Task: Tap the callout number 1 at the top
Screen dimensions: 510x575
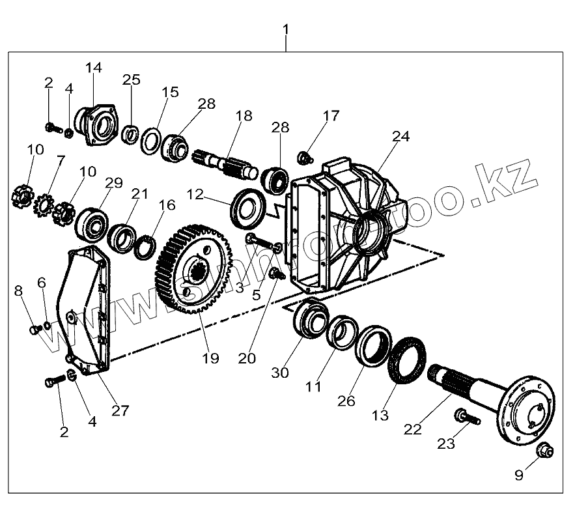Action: [x=286, y=29]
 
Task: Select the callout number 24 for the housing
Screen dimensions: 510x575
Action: [x=401, y=136]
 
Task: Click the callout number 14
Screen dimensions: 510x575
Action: [x=94, y=68]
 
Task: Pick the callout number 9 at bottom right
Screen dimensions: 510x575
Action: [x=519, y=475]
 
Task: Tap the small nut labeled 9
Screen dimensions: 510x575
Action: [x=544, y=450]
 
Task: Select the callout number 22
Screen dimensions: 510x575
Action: [x=414, y=429]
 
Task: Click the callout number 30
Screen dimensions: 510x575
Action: [x=280, y=373]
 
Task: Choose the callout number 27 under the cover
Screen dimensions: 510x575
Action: [x=120, y=410]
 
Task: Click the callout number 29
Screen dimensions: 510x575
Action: [x=113, y=183]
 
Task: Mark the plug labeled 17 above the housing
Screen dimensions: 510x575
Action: [x=303, y=156]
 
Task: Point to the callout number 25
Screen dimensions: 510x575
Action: [x=132, y=79]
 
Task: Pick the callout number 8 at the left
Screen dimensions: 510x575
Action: [x=18, y=290]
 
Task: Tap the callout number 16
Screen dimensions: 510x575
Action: [x=167, y=205]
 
